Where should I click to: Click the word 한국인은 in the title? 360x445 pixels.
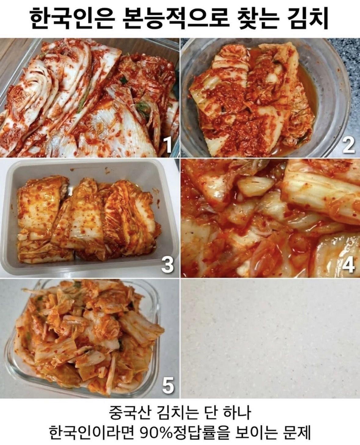(71, 19)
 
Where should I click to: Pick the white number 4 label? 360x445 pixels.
(348, 265)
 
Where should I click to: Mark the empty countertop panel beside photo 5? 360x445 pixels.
(270, 338)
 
